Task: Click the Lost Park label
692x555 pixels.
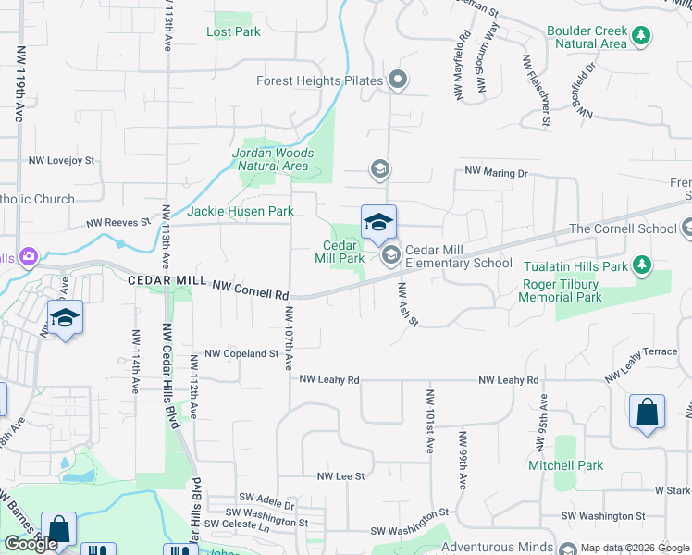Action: coord(233,31)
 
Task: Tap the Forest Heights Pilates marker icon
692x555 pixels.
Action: coord(398,80)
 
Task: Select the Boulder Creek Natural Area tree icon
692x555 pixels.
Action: coord(641,37)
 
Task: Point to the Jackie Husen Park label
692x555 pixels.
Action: coord(241,211)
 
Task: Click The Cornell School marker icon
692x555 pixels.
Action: coord(686,228)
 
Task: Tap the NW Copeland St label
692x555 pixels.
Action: coord(241,353)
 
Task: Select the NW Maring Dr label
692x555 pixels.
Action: coord(496,172)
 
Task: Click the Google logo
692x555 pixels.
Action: coord(31,544)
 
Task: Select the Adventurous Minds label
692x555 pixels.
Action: coord(497,547)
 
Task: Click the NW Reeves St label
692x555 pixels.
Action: coord(118,223)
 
